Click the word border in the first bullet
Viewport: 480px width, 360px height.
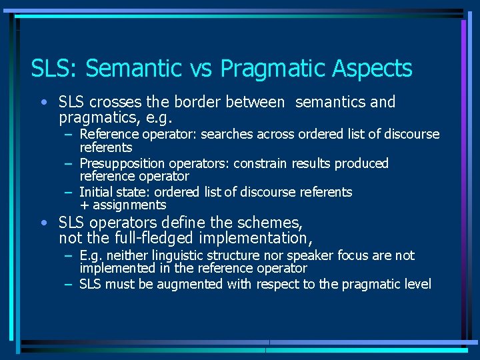197,102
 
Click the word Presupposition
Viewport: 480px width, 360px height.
123,163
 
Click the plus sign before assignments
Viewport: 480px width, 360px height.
85,205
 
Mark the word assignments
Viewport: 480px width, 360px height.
129,205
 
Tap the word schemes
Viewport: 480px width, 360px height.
271,222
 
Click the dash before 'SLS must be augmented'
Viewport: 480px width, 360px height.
69,284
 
